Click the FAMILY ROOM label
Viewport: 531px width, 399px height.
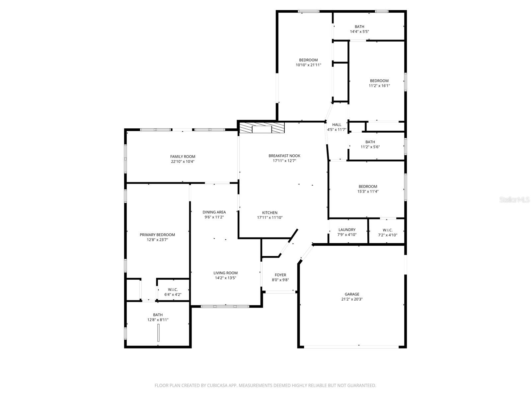tap(183, 157)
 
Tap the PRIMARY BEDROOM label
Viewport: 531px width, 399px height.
tap(157, 235)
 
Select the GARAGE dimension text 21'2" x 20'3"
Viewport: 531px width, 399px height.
tap(352, 299)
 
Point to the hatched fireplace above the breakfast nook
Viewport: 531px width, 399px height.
tap(262, 128)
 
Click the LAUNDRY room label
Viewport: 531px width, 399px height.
tap(347, 230)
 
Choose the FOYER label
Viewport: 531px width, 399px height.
tap(280, 275)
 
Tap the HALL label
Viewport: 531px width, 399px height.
tap(337, 125)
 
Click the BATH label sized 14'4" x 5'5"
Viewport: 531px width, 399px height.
tap(359, 27)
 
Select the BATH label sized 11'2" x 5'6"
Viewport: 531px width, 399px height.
tap(370, 142)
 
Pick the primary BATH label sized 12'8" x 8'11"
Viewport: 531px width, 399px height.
tap(158, 315)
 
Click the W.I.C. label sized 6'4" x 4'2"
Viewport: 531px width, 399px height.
tap(173, 290)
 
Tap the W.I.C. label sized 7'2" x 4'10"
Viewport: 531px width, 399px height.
tap(387, 230)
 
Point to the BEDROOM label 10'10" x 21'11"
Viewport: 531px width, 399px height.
tap(308, 60)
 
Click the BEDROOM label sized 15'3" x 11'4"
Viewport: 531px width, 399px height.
tap(368, 187)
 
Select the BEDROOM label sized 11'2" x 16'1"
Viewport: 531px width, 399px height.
tap(379, 81)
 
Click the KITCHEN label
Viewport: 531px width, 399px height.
tap(269, 213)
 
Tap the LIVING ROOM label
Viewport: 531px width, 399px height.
tap(225, 273)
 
